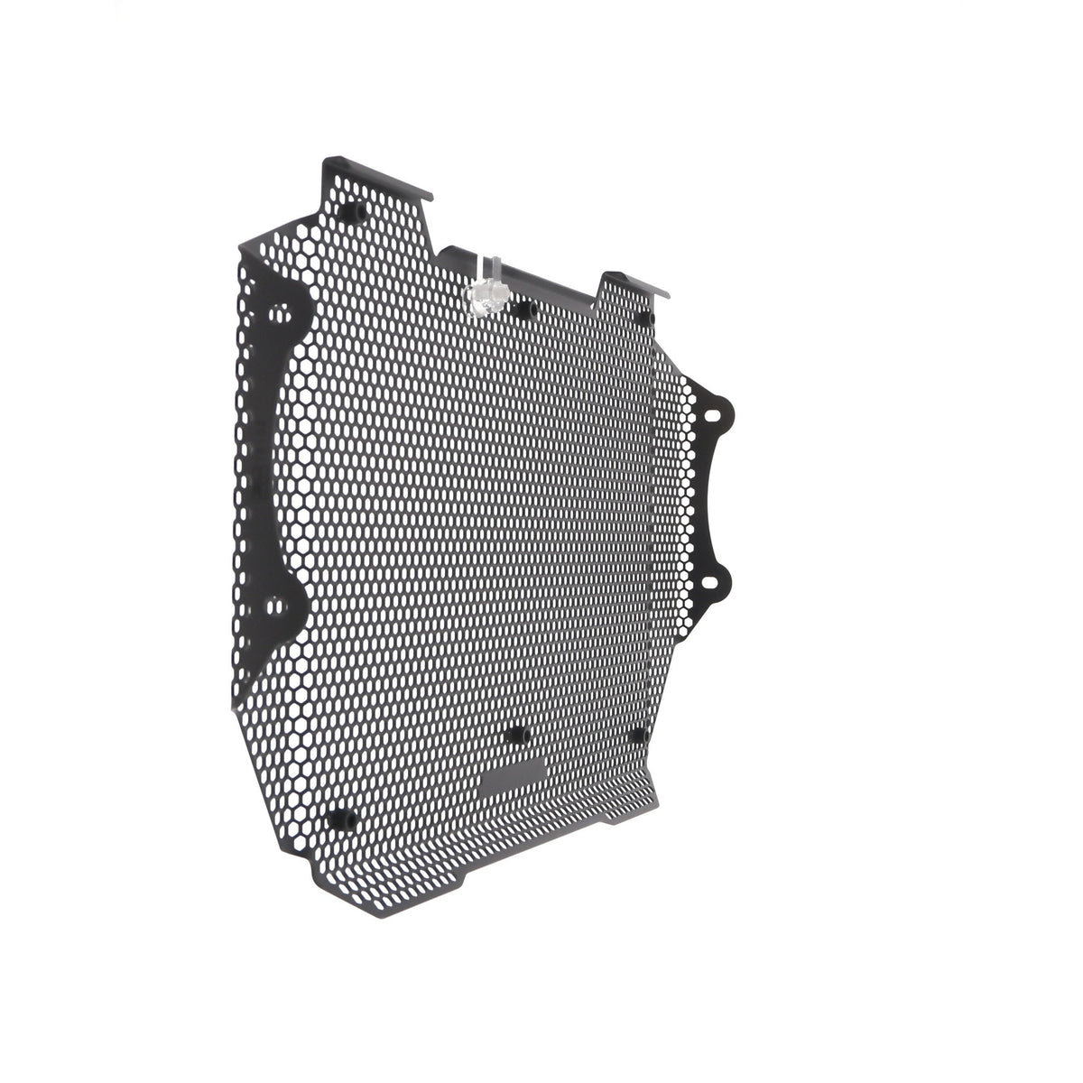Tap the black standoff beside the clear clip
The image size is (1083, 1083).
pyautogui.click(x=523, y=310)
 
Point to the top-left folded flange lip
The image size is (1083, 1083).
pyautogui.click(x=379, y=174)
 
